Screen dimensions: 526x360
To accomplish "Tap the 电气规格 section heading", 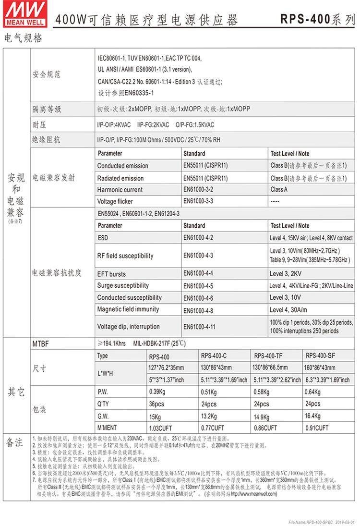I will (x=23, y=38).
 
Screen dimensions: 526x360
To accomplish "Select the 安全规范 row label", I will (x=47, y=74).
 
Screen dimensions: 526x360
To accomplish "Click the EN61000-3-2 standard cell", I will (x=198, y=190).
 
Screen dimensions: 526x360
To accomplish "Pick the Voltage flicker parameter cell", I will (x=115, y=201).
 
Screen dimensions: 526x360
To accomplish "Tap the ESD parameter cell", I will (x=103, y=238).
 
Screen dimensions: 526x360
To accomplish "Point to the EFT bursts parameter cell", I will (x=111, y=274).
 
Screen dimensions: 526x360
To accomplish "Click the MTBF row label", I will (x=41, y=344).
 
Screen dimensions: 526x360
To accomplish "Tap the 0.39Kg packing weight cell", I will (x=157, y=392).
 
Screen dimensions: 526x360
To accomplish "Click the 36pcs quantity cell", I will (x=157, y=404).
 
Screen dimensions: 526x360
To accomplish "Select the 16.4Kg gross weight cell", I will (x=312, y=416).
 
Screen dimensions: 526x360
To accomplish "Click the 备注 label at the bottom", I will (x=14, y=442).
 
